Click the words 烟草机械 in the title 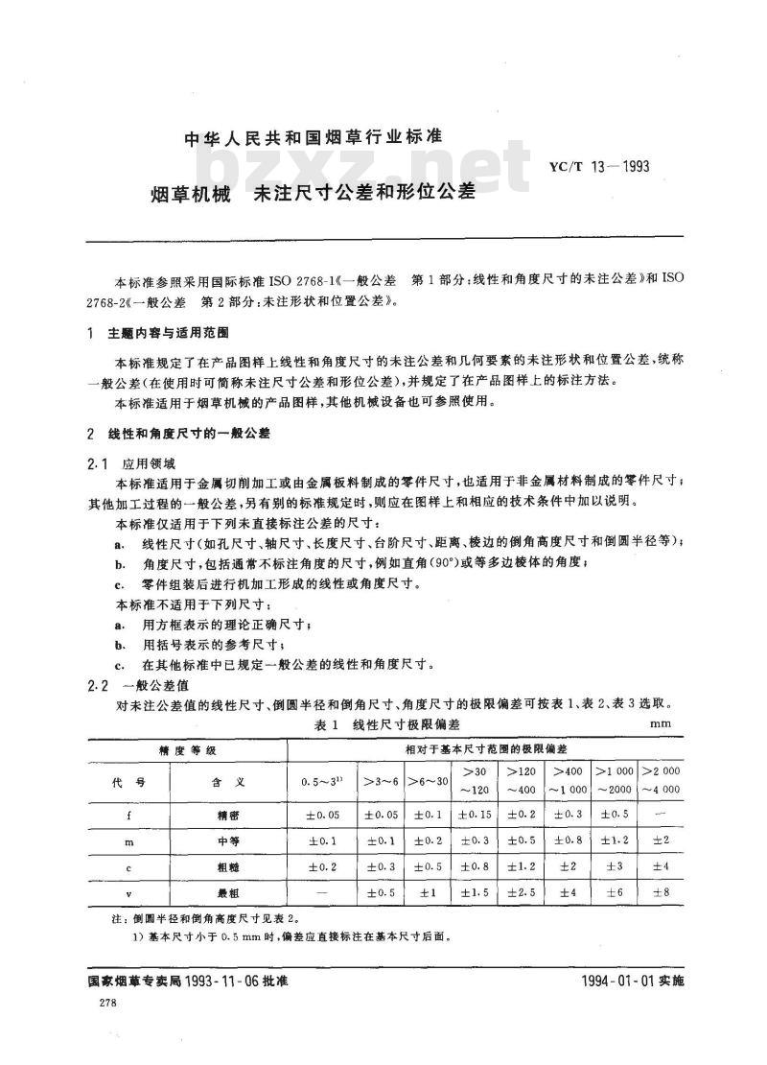coord(191,192)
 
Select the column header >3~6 coord(382,781)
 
